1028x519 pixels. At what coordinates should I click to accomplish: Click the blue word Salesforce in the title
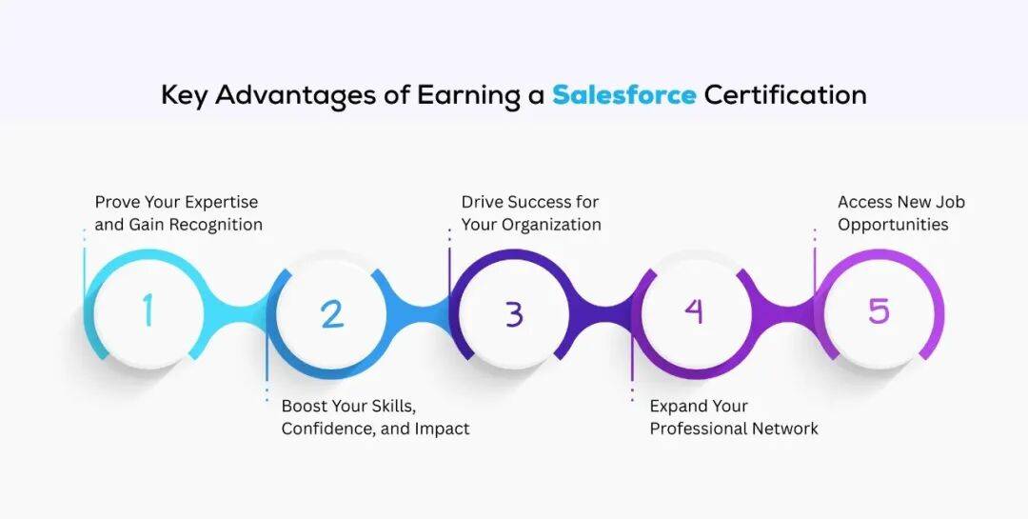pyautogui.click(x=623, y=94)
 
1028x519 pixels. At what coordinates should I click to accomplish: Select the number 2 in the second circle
pyautogui.click(x=332, y=313)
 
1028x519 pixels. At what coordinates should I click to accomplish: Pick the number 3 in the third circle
pyautogui.click(x=514, y=313)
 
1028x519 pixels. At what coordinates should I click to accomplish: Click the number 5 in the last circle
pyautogui.click(x=879, y=310)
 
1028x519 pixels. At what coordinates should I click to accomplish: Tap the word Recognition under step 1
pyautogui.click(x=216, y=225)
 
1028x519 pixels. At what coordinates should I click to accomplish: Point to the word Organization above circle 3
pyautogui.click(x=551, y=225)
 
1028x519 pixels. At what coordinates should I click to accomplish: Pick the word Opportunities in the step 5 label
pyautogui.click(x=893, y=225)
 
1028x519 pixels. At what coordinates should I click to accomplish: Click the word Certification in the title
pyautogui.click(x=785, y=94)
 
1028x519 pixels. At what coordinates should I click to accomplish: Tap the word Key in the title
pyautogui.click(x=185, y=96)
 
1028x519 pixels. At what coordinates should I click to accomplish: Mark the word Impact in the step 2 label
pyautogui.click(x=443, y=429)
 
